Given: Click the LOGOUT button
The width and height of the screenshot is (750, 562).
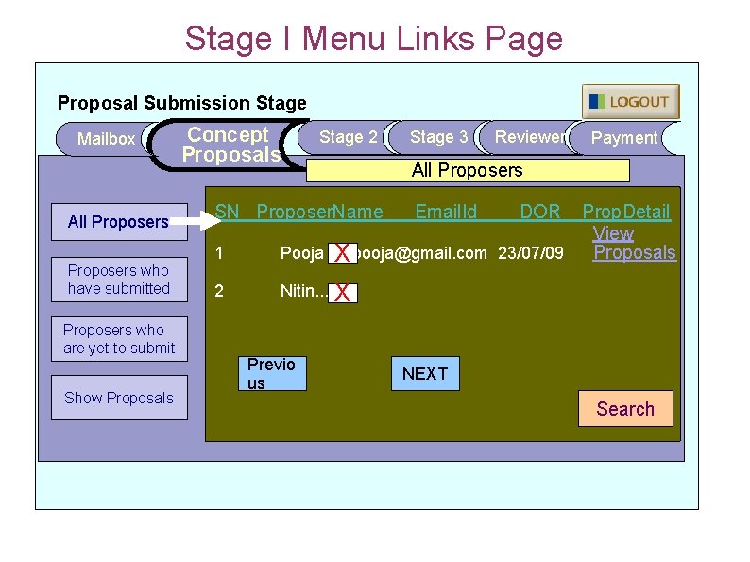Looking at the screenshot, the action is click(630, 102).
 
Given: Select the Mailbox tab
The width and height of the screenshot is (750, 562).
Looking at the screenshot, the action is click(106, 139).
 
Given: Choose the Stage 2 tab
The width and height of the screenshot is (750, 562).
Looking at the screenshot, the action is click(348, 137).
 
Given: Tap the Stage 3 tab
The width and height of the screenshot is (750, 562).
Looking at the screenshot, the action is click(438, 137).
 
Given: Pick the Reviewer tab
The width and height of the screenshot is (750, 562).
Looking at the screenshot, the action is click(529, 137).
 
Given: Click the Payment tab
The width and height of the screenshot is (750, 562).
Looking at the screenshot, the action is click(623, 138).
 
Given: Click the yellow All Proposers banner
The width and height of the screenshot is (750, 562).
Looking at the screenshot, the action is click(467, 170).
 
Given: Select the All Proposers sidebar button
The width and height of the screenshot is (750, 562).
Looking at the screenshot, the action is click(118, 222).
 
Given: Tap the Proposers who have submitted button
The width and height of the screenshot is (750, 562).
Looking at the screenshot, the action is click(118, 280).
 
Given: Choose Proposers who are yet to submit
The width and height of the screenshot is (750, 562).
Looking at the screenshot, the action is click(119, 339).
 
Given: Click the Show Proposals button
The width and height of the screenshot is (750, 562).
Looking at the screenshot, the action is click(119, 398).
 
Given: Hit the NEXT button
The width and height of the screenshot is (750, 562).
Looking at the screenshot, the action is click(425, 373).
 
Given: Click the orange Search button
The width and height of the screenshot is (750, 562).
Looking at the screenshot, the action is click(624, 409).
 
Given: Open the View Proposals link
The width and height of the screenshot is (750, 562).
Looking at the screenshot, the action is click(633, 243).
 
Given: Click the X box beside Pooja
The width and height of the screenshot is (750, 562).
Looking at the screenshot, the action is click(344, 253).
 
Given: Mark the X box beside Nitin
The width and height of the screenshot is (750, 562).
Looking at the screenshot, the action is click(343, 294).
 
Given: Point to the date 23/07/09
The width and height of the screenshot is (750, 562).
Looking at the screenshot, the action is click(531, 253).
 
